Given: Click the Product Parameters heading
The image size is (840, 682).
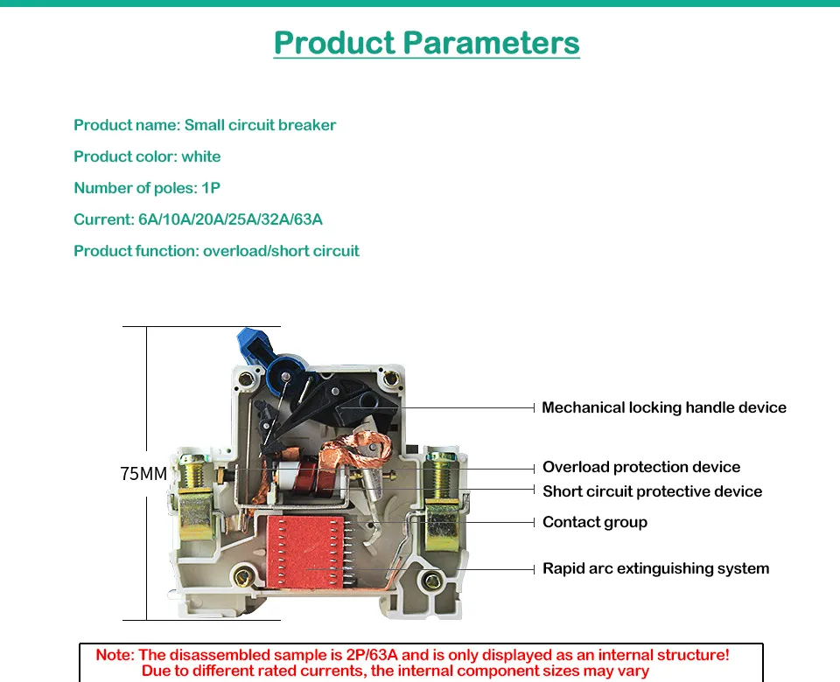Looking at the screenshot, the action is [x=426, y=43].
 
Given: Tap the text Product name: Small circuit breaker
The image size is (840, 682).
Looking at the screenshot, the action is [x=205, y=125].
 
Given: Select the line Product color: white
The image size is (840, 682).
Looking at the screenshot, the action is [x=147, y=157].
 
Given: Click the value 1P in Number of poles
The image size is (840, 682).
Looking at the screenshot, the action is [x=211, y=188].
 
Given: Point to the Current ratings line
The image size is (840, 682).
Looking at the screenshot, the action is [x=199, y=219].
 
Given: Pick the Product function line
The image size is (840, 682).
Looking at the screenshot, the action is [x=216, y=251].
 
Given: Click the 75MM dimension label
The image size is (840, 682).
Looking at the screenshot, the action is [x=143, y=474].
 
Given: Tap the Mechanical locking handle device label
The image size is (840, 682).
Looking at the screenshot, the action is [x=664, y=407].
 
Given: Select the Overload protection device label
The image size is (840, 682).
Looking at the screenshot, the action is [x=641, y=467].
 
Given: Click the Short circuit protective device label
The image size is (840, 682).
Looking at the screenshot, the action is [x=653, y=491].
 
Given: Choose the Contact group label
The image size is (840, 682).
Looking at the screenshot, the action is [x=595, y=522].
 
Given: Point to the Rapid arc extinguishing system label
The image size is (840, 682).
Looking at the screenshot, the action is [x=655, y=568].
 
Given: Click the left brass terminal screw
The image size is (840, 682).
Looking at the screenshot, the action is [x=192, y=471].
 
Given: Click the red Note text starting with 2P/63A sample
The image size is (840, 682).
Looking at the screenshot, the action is [x=412, y=663].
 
